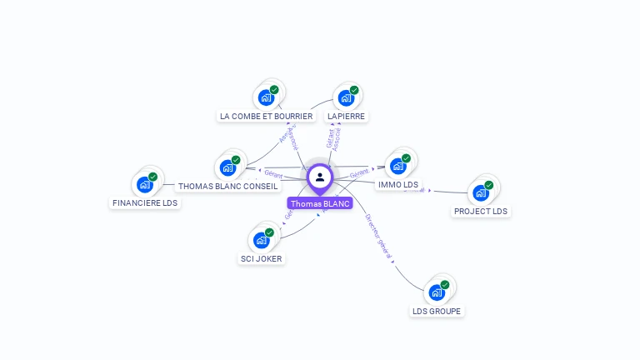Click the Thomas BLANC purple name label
(x=320, y=203)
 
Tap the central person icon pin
(x=320, y=177)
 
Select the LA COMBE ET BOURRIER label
(x=266, y=116)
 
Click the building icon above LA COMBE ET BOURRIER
(x=266, y=97)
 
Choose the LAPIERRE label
(x=346, y=116)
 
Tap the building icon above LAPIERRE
(x=346, y=97)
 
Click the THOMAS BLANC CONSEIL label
(x=227, y=186)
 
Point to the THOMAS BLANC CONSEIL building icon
(x=227, y=167)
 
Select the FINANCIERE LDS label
(x=145, y=202)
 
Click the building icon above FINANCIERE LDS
(x=145, y=184)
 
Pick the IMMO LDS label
(x=398, y=184)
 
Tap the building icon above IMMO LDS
(x=398, y=166)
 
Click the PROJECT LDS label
(x=480, y=211)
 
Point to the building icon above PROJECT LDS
(x=480, y=192)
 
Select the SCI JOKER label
(x=261, y=258)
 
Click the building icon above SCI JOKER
(x=261, y=240)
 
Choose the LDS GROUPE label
(x=437, y=311)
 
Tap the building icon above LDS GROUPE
(x=437, y=292)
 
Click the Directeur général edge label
(x=378, y=236)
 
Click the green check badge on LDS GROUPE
(x=445, y=284)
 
